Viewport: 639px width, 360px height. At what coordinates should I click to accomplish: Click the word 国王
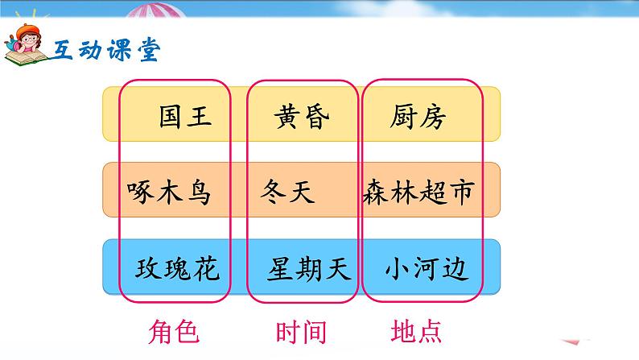click(x=185, y=117)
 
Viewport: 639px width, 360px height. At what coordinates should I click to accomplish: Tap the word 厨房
click(x=417, y=117)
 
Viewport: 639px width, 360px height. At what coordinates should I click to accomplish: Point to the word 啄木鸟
click(x=169, y=192)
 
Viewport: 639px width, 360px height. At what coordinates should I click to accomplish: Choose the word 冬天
click(x=288, y=192)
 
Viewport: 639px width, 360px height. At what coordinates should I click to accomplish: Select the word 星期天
click(x=310, y=267)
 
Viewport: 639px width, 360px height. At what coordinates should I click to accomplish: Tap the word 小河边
click(x=426, y=267)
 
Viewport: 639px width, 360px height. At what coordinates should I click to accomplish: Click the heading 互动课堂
click(x=107, y=50)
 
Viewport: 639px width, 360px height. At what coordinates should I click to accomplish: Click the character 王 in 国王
click(x=199, y=117)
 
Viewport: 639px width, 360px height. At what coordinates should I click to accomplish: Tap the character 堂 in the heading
click(x=148, y=50)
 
